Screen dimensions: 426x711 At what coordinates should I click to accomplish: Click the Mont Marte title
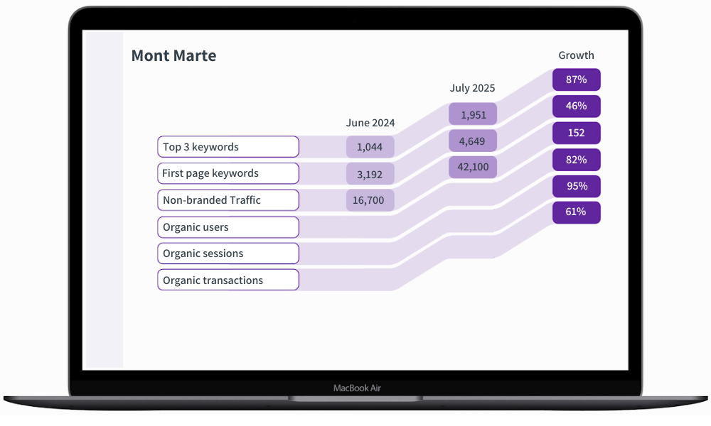point(173,56)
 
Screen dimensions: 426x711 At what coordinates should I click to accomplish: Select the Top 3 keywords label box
point(228,147)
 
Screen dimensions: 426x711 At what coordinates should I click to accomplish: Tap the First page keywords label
point(228,173)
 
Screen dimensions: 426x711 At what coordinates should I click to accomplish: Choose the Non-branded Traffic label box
point(228,200)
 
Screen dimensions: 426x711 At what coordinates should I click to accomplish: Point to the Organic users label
point(228,227)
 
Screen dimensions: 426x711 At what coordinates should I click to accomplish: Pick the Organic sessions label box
point(228,253)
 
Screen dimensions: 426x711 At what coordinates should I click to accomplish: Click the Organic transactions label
point(228,280)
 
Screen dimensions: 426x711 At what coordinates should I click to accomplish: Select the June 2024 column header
point(370,123)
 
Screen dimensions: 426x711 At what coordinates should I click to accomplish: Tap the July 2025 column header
point(472,89)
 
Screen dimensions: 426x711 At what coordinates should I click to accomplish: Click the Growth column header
point(576,55)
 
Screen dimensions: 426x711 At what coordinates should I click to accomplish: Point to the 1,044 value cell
point(370,147)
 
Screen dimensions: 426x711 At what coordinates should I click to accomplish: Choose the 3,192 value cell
point(370,173)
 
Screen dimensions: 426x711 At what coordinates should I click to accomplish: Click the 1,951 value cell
point(473,114)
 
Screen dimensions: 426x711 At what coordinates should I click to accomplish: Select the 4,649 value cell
point(473,141)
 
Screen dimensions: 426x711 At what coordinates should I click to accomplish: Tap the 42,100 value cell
point(473,167)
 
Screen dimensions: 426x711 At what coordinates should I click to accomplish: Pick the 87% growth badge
point(577,80)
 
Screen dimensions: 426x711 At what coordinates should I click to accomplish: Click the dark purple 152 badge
point(577,133)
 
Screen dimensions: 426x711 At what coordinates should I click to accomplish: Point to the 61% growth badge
point(577,212)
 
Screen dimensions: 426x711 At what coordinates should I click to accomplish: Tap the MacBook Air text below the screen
point(357,388)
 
